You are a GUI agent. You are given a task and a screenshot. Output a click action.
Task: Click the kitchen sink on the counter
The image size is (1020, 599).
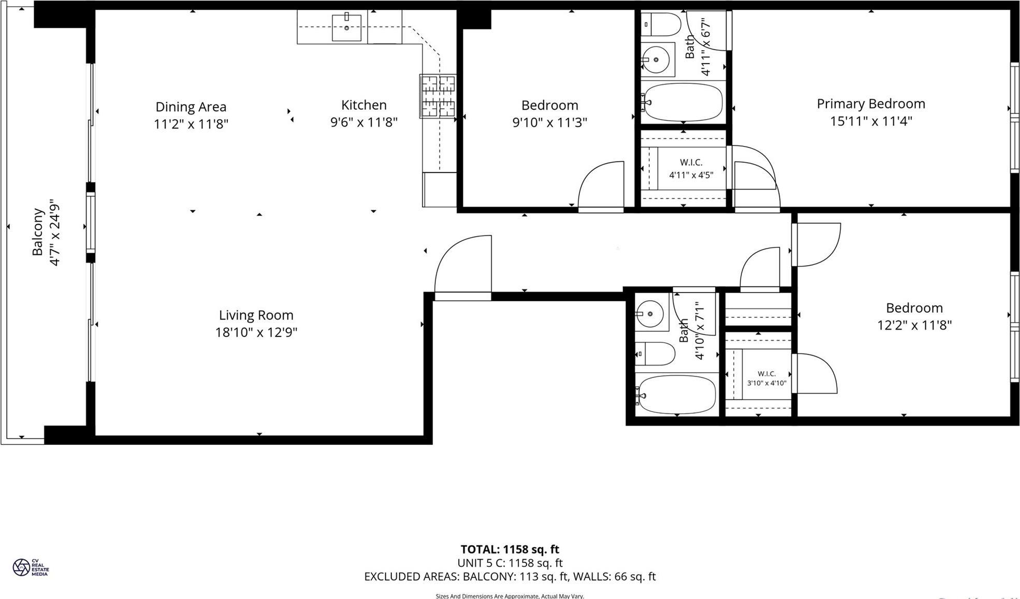[x=346, y=27]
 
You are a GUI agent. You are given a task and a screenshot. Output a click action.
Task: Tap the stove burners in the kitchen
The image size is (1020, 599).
[x=438, y=96]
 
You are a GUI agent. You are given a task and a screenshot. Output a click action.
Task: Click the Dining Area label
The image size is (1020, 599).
[x=191, y=107]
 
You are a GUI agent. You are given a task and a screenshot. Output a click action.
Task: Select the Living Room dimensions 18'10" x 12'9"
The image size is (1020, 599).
[x=256, y=332]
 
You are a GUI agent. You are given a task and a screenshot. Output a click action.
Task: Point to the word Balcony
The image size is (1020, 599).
[x=38, y=232]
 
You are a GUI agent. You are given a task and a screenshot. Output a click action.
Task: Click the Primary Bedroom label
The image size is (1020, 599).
[x=871, y=104]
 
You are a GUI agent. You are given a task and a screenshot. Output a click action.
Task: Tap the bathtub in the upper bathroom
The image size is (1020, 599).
[x=683, y=102]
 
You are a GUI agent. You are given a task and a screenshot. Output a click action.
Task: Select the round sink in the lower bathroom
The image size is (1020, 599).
[x=650, y=313]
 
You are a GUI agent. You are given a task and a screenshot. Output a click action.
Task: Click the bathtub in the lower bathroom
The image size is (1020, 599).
[x=676, y=395]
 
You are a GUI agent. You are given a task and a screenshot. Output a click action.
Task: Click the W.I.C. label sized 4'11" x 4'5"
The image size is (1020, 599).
[x=691, y=169]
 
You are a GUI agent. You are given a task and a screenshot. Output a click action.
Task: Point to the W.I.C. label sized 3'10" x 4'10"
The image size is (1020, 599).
[x=766, y=378]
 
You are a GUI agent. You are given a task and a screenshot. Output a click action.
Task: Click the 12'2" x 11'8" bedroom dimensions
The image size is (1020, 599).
[x=914, y=325]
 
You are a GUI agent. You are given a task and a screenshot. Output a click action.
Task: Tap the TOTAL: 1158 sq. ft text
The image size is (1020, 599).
[x=509, y=549]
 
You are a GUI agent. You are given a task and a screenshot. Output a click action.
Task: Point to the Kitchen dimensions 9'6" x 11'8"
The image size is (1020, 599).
[x=364, y=122]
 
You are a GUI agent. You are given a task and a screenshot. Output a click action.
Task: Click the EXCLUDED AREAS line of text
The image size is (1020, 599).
[x=509, y=576]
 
